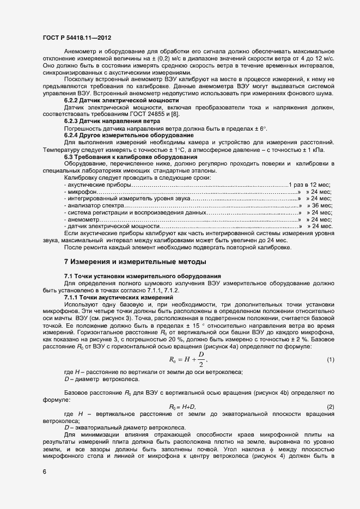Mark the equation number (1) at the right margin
coord(330,360)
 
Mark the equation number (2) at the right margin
coord(330,407)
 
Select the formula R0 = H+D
coord(182,407)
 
